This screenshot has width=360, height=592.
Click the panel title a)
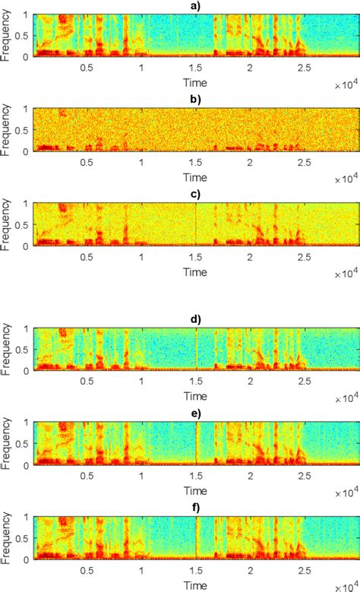195,6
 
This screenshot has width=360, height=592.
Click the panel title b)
195,100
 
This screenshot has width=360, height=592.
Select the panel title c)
195,195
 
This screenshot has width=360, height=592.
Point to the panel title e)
195,412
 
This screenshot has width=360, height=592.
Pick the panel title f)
195,506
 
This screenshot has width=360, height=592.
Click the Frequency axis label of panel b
7,129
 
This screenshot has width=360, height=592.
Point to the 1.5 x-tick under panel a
195,67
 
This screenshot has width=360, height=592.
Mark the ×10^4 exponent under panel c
346,270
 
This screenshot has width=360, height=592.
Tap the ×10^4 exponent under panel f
346,581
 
